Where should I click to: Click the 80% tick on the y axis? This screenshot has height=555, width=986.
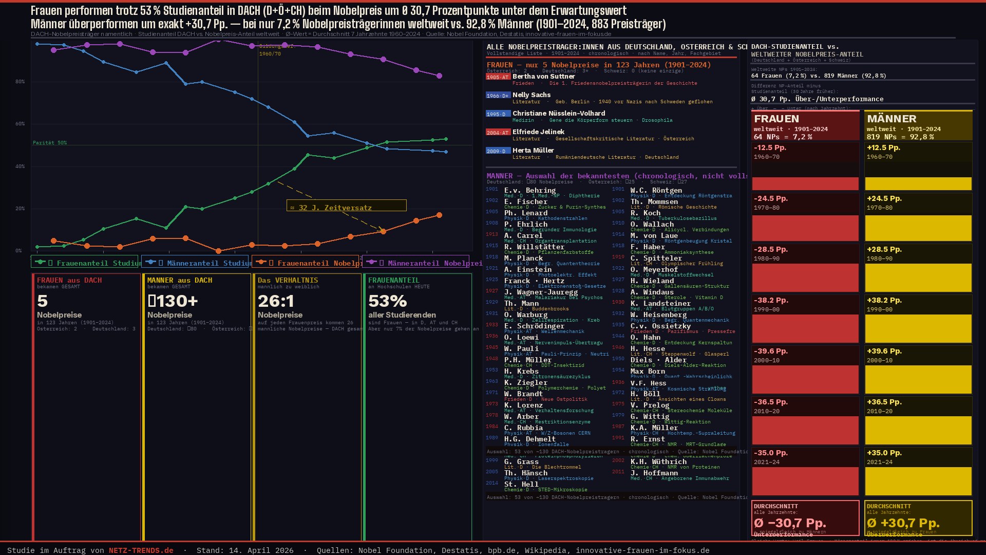tap(20, 82)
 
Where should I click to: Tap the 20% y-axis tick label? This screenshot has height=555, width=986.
tap(20, 209)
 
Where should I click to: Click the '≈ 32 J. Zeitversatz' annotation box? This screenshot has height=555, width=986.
tap(346, 206)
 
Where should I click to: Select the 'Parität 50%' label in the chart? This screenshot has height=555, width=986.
tap(50, 143)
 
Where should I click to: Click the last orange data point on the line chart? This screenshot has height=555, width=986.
tap(439, 215)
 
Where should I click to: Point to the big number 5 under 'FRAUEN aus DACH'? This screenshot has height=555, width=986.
tap(42, 301)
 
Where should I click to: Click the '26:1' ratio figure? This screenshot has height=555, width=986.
tap(276, 301)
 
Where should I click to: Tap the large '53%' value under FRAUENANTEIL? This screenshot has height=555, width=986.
tap(388, 301)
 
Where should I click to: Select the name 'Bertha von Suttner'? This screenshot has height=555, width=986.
tap(543, 77)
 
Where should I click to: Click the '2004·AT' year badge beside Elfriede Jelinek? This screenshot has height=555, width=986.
tap(498, 132)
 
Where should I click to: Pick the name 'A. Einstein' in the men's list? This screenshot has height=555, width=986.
tap(528, 269)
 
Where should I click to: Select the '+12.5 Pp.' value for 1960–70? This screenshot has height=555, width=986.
tap(883, 147)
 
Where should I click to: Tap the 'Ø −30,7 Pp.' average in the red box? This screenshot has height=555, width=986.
tap(790, 523)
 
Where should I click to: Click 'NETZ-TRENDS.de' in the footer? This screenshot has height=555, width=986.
tap(141, 550)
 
